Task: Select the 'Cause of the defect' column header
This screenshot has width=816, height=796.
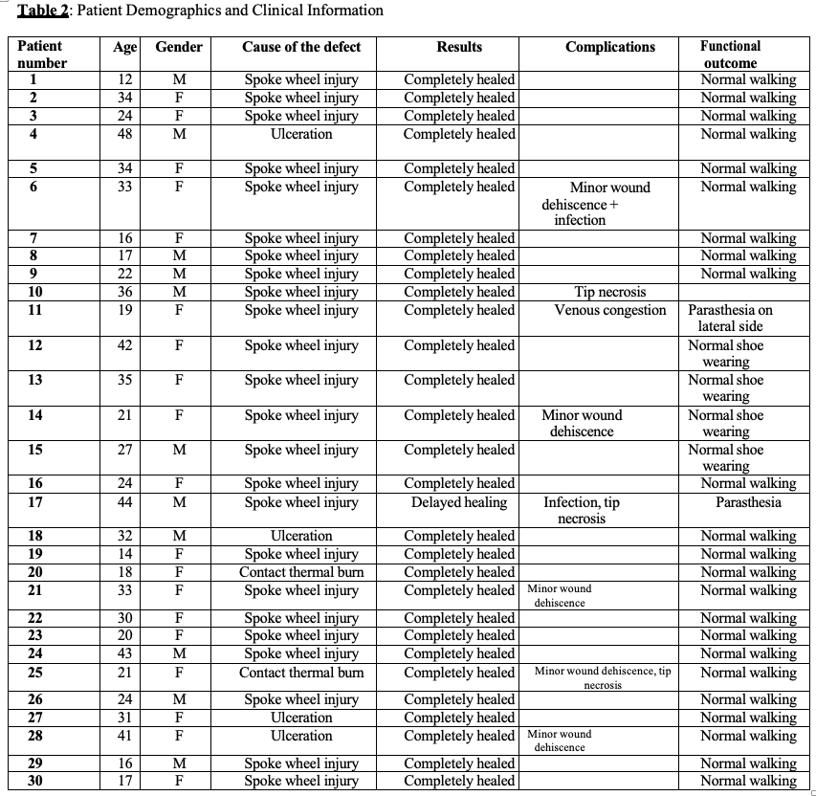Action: tap(301, 47)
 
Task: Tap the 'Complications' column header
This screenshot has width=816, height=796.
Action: tap(610, 47)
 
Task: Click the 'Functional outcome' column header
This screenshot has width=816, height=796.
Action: tap(730, 54)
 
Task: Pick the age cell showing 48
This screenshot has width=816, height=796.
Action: tap(124, 134)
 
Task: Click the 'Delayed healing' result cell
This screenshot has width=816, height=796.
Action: tap(459, 502)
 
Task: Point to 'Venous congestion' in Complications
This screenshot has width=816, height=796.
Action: tap(610, 310)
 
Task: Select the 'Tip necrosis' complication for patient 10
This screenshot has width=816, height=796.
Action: tap(610, 292)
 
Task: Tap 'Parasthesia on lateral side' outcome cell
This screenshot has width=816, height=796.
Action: tap(730, 318)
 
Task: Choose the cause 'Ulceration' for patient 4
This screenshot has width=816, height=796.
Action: tap(301, 134)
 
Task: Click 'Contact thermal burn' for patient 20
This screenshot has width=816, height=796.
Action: tap(301, 572)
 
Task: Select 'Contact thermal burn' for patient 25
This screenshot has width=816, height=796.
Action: tap(301, 673)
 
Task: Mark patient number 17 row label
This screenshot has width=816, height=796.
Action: tap(35, 502)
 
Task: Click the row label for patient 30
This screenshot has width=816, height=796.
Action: tap(35, 781)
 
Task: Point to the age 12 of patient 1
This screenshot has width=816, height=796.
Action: tap(124, 79)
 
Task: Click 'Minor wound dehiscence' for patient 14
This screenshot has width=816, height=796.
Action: tap(582, 423)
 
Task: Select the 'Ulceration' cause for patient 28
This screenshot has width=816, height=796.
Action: tap(301, 736)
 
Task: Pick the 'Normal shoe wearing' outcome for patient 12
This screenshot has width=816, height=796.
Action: tap(726, 353)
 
